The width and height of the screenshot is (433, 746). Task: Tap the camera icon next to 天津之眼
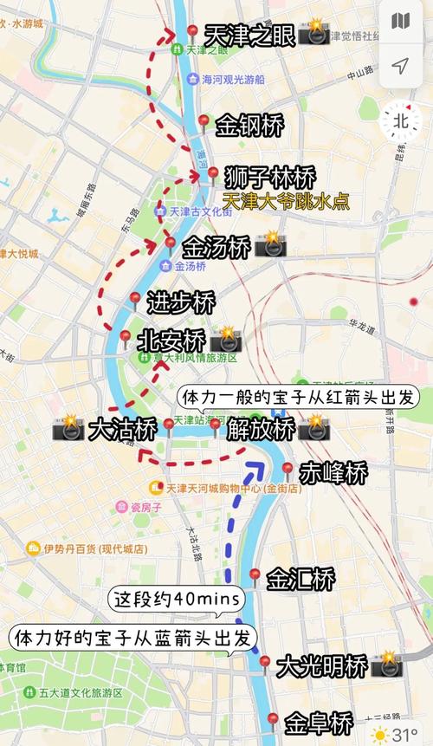pos(313,35)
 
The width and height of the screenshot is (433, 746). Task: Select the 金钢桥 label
pos(250,125)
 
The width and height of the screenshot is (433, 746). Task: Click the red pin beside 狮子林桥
pos(213,174)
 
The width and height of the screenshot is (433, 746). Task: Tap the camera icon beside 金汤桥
pos(270,245)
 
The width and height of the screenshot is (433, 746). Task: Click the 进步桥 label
pos(181,303)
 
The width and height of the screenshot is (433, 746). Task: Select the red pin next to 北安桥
pos(125,336)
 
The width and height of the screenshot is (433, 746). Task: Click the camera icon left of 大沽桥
pos(68,428)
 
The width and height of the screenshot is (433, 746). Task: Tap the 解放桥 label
pos(262,428)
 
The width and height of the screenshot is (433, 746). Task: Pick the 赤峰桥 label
pos(333,472)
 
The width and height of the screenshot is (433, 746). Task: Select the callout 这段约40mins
pos(178,599)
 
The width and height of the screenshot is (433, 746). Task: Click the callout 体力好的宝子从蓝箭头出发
pos(134,638)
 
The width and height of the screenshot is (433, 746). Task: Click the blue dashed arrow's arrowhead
pos(255,469)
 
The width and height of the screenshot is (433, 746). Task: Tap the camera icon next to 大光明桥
pos(386,665)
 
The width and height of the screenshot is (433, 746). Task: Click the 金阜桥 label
pos(320,722)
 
